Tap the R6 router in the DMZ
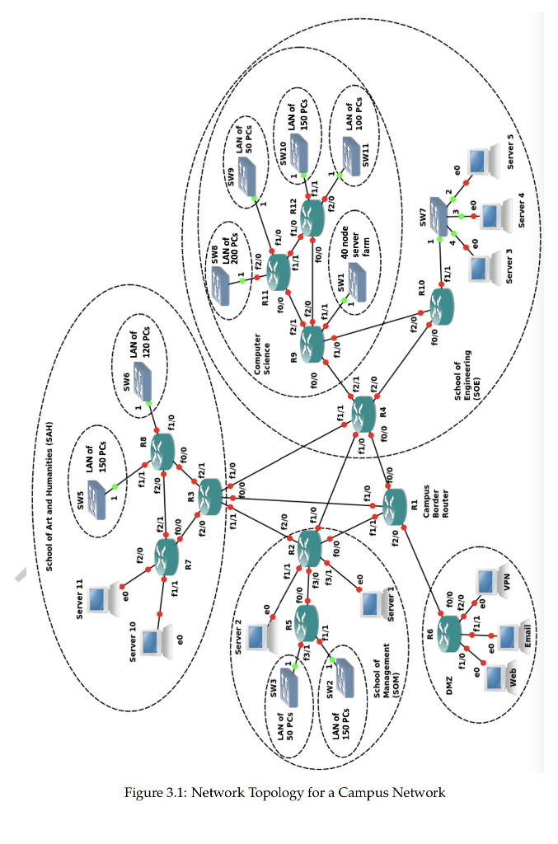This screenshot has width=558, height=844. (x=449, y=633)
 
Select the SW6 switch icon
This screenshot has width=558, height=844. (x=143, y=380)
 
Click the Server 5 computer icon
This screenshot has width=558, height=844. (x=480, y=162)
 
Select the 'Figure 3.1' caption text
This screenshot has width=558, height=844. (x=284, y=793)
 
